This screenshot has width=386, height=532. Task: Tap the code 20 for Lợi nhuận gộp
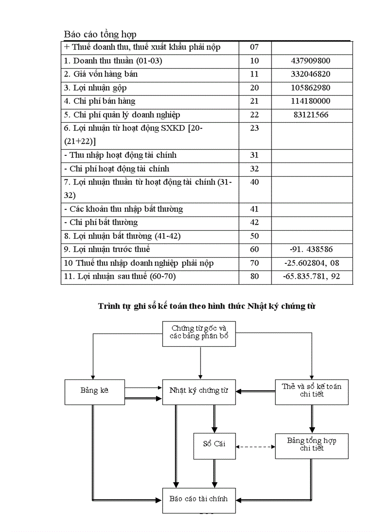(254, 88)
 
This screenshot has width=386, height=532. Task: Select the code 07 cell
(254, 47)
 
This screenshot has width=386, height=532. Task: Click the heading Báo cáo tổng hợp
(100, 34)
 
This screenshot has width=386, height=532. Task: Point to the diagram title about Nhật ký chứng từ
(207, 306)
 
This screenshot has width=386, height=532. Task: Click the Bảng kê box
(94, 391)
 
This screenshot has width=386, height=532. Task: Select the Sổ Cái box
(214, 444)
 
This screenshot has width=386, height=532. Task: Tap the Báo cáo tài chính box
(199, 499)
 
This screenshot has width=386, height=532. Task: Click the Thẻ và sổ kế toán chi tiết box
(311, 391)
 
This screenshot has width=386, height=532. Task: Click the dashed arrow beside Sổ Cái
(255, 447)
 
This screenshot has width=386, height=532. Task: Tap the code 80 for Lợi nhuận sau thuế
(254, 277)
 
